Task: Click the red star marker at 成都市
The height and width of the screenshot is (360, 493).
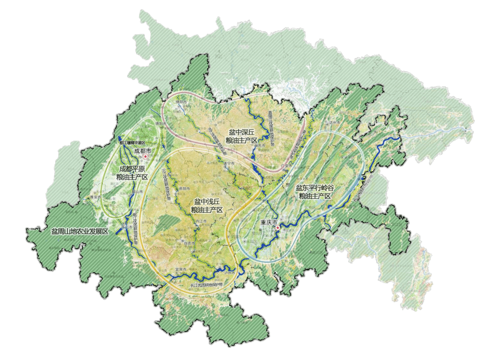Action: pyautogui.click(x=145, y=157)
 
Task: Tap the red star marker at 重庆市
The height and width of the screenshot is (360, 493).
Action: pyautogui.click(x=277, y=227)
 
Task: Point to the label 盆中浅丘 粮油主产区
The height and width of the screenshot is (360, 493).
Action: pyautogui.click(x=206, y=206)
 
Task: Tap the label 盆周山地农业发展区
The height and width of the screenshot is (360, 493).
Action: pyautogui.click(x=79, y=232)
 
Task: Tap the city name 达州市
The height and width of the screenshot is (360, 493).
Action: pyautogui.click(x=335, y=123)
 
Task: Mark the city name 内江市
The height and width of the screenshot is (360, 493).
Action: pyautogui.click(x=201, y=221)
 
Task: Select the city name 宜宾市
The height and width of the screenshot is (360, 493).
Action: pyautogui.click(x=180, y=270)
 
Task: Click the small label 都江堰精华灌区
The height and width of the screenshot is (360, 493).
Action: pyautogui.click(x=131, y=143)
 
